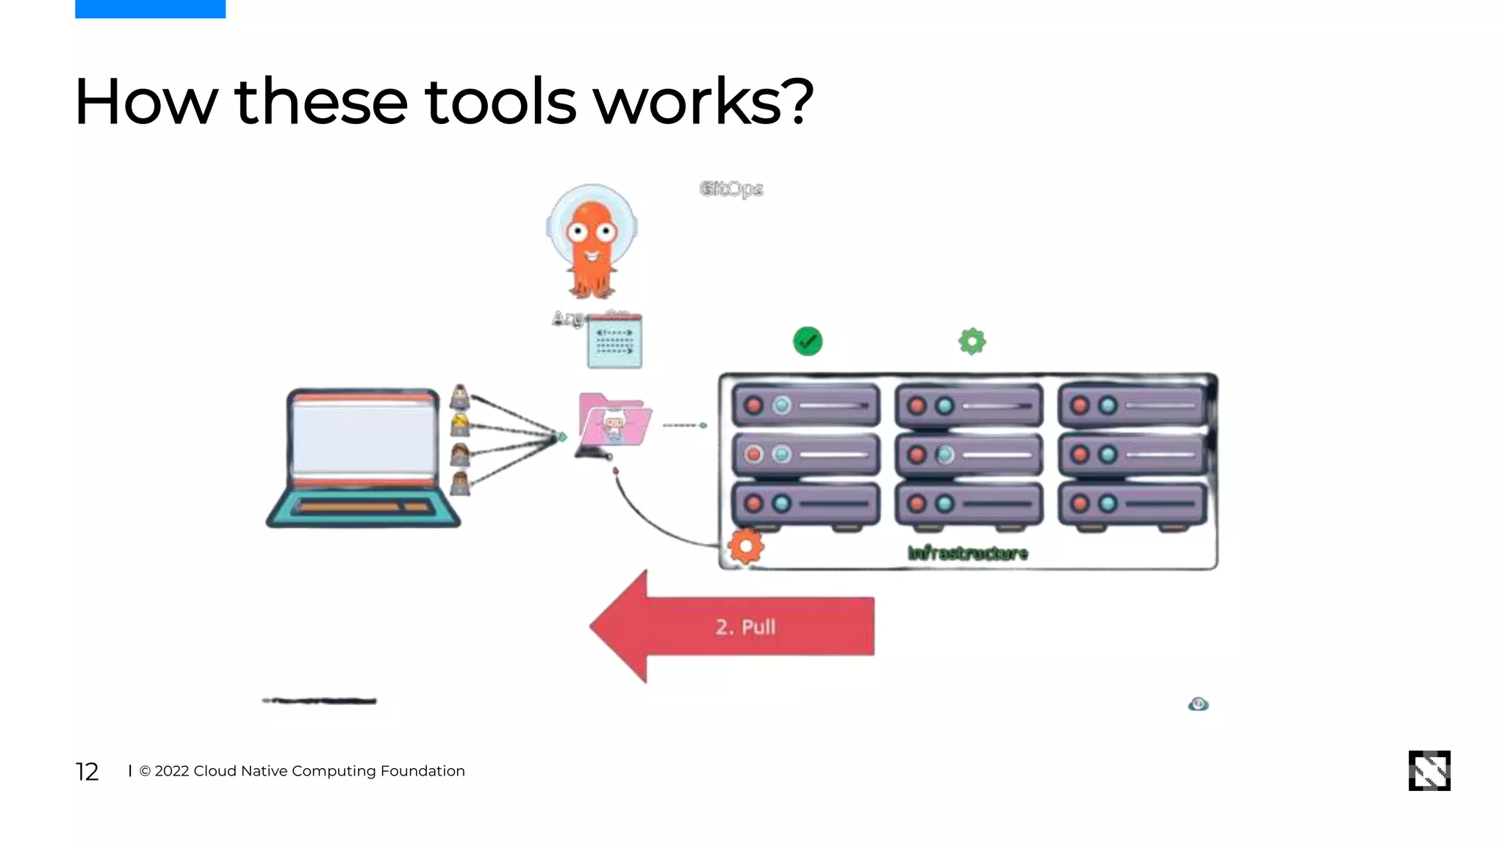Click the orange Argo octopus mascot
592,242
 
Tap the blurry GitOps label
731,189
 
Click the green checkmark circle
808,341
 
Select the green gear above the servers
971,341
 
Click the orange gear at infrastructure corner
746,546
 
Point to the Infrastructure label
967,553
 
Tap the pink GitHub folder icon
614,420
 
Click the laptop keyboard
364,507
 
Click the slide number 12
87,771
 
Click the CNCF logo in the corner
1429,770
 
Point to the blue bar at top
150,9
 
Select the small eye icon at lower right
1198,704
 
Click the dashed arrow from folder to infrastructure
684,425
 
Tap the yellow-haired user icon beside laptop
460,425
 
